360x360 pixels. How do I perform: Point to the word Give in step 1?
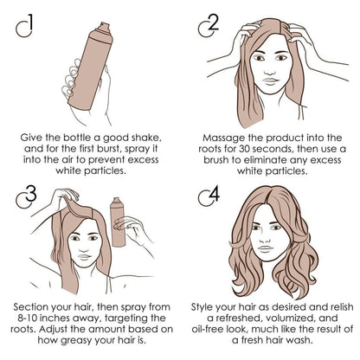point(37,137)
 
